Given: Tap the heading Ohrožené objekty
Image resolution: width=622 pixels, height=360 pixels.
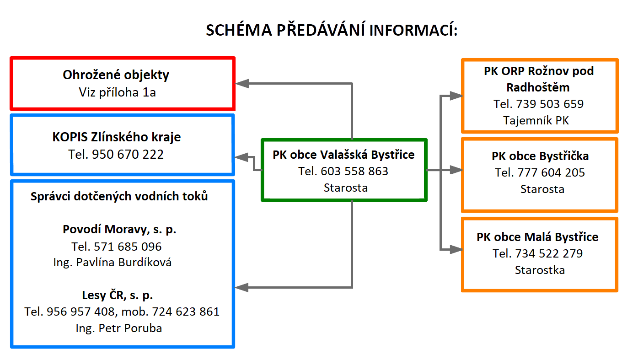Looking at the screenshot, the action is pos(116,75).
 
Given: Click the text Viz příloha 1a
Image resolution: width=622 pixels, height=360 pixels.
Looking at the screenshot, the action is pos(117,92).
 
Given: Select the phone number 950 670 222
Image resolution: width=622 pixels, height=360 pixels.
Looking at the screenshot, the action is pos(128,155).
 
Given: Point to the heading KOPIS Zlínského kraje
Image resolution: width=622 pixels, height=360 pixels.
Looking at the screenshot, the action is pos(117,137).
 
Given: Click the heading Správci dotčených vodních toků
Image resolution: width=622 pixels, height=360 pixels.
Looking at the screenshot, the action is pos(119,196).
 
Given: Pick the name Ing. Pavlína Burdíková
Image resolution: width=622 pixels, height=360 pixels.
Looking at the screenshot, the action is pos(113,263).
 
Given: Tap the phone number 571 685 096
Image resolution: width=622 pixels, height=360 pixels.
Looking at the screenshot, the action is pos(128,247).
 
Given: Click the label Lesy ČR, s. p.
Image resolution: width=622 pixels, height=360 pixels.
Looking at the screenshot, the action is pos(118,296).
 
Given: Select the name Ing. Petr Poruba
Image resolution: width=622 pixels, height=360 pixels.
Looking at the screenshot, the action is pos(119,328).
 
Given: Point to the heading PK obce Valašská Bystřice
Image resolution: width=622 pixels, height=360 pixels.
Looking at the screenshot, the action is pos(343,155).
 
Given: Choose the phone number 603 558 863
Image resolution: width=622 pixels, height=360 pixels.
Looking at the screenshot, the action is pos(354,172).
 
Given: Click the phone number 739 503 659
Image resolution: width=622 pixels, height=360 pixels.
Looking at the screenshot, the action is pos(550,104).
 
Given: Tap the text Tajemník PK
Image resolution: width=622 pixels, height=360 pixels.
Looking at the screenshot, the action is pos(536,121).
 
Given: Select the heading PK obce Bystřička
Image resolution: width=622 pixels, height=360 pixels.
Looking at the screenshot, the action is pos(540,156).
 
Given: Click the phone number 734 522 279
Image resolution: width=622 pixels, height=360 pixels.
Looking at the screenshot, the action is pos(549,253).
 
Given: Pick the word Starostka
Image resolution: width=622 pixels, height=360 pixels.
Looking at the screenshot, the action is pos(540,270).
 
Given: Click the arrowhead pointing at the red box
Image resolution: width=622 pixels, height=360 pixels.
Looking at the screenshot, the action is pos(241,83).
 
